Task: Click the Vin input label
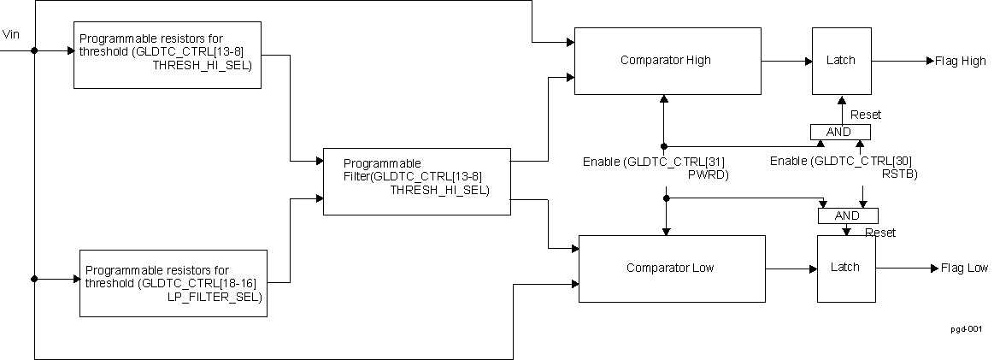(11, 34)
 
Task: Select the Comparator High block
(667, 61)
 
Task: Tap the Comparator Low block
(672, 269)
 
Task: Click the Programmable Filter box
(416, 180)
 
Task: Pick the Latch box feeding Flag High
(840, 61)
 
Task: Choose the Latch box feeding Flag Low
(845, 269)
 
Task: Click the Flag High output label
(961, 61)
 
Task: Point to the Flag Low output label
(964, 269)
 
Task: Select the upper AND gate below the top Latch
(839, 132)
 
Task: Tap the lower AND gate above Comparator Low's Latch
(847, 216)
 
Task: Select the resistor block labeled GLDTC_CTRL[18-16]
(174, 282)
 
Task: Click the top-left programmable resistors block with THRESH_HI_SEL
(167, 55)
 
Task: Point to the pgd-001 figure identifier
(967, 328)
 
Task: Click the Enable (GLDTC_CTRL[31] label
(654, 162)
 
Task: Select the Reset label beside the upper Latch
(865, 115)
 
